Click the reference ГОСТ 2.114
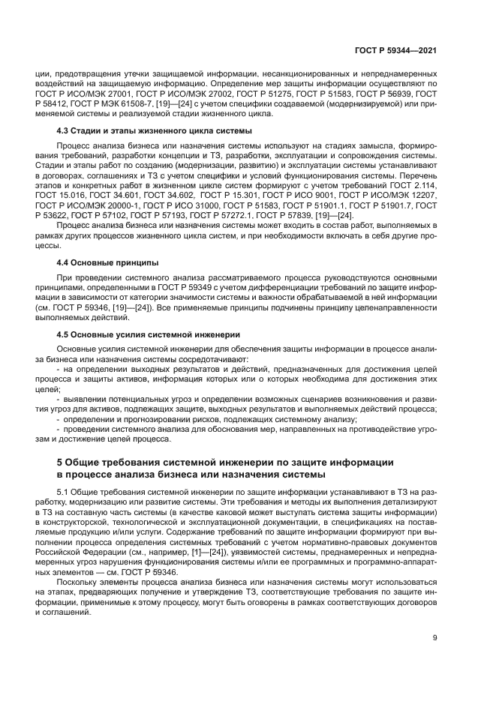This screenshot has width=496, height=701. pyautogui.click(x=411, y=184)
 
